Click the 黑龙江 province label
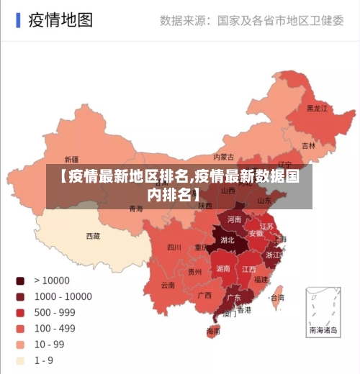[x=317, y=109]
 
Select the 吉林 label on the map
[x=308, y=145]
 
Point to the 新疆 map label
[x=71, y=159]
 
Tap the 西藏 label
[x=93, y=236]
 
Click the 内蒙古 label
[x=224, y=157]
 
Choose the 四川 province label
[x=174, y=247]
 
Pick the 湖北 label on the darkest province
[x=228, y=240]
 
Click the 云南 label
[x=168, y=285]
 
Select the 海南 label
[x=214, y=332]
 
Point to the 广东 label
[x=233, y=297]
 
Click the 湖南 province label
[x=223, y=268]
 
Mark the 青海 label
[x=135, y=209]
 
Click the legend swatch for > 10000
[x=20, y=280]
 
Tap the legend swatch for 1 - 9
[x=20, y=360]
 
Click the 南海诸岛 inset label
[x=323, y=331]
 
